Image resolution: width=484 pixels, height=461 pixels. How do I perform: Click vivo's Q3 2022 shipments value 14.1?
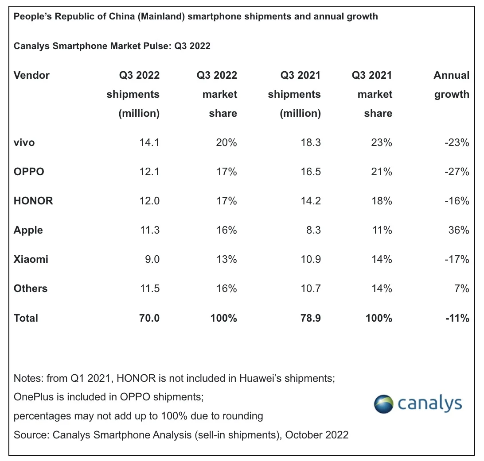tap(149, 142)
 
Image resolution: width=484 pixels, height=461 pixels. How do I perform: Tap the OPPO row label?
tap(29, 172)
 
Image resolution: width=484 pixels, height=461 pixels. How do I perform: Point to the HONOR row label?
tap(33, 201)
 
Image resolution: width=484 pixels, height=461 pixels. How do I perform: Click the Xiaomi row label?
tap(31, 259)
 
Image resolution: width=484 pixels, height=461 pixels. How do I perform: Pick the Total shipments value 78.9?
tap(310, 318)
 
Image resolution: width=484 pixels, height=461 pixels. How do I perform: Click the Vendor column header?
tap(31, 75)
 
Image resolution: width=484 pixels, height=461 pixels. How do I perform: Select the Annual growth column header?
tap(451, 85)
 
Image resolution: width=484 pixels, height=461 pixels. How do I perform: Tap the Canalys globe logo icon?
tap(383, 404)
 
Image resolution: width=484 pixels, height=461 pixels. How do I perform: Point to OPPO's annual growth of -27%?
tap(456, 172)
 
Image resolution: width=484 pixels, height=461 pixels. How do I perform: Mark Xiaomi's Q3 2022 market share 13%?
tap(226, 259)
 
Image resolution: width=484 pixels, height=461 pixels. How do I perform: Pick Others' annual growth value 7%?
tap(461, 288)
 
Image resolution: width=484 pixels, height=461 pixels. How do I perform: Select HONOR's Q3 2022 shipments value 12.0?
tap(149, 201)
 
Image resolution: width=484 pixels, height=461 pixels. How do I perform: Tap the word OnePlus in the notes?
tap(35, 397)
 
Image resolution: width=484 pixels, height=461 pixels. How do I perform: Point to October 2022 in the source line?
tap(317, 435)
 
